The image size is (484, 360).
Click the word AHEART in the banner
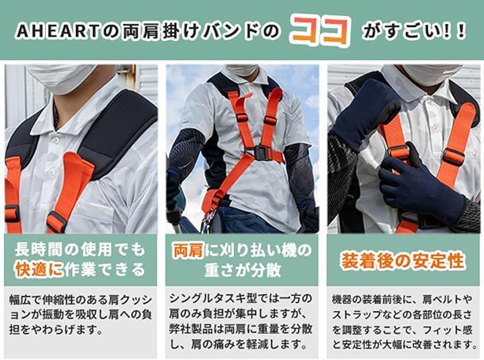pyautogui.click(x=56, y=32)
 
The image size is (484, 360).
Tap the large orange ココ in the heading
pyautogui.click(x=320, y=32)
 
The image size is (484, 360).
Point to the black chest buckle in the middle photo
pyautogui.click(x=260, y=152)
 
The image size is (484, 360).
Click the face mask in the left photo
pyautogui.click(x=61, y=78)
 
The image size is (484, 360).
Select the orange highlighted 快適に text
pyautogui.click(x=39, y=270)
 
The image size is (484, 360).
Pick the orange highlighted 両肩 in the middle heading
pyautogui.click(x=188, y=250)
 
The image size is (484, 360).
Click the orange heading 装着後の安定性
pyautogui.click(x=402, y=261)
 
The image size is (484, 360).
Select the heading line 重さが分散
pyautogui.click(x=243, y=270)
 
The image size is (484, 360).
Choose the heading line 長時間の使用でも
pyautogui.click(x=79, y=250)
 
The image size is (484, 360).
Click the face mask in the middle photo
pyautogui.click(x=242, y=70)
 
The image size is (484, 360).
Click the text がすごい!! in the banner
pyautogui.click(x=413, y=32)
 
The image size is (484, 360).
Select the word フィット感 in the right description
pyautogui.click(x=448, y=330)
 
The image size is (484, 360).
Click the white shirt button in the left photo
pyautogui.click(x=56, y=140)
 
